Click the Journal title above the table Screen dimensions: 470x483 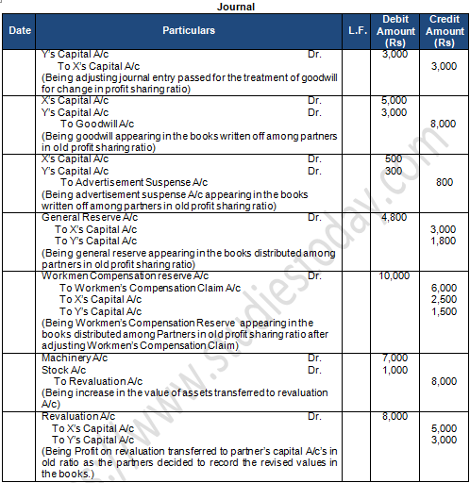click(x=235, y=7)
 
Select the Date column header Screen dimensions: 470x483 click(x=19, y=30)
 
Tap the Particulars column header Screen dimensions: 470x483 click(x=188, y=30)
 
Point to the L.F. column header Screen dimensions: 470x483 click(x=357, y=30)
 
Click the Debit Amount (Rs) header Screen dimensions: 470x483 click(x=395, y=31)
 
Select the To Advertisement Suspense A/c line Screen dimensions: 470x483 click(x=126, y=182)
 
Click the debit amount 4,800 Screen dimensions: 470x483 click(x=395, y=217)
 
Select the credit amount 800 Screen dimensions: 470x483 click(x=444, y=182)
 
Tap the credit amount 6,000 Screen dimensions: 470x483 click(x=444, y=288)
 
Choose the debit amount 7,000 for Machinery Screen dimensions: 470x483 click(x=395, y=358)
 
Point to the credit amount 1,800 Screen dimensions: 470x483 click(x=444, y=241)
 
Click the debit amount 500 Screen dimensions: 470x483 click(x=394, y=158)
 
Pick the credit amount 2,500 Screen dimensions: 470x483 click(x=444, y=300)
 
